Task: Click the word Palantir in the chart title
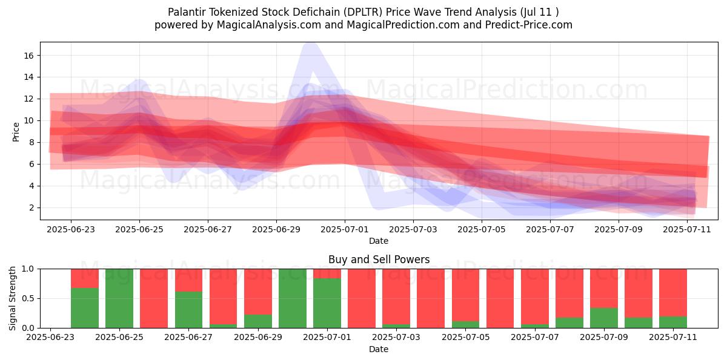click(x=187, y=12)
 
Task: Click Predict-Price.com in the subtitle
click(x=529, y=25)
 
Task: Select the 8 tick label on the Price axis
click(x=31, y=143)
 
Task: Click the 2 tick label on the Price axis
click(x=31, y=208)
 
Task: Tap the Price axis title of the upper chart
click(x=16, y=132)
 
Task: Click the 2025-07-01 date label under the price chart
click(x=345, y=229)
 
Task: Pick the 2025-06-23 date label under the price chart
click(x=71, y=229)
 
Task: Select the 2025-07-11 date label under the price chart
click(x=687, y=229)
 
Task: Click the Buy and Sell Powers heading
click(x=379, y=260)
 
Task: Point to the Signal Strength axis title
click(x=12, y=298)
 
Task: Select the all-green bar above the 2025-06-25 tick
click(x=119, y=298)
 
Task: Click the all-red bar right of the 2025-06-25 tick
click(x=154, y=298)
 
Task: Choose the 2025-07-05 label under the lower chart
click(x=466, y=337)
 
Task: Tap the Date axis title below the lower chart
click(x=379, y=349)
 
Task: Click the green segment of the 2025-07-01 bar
click(x=327, y=303)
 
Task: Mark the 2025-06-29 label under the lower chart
click(x=258, y=337)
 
